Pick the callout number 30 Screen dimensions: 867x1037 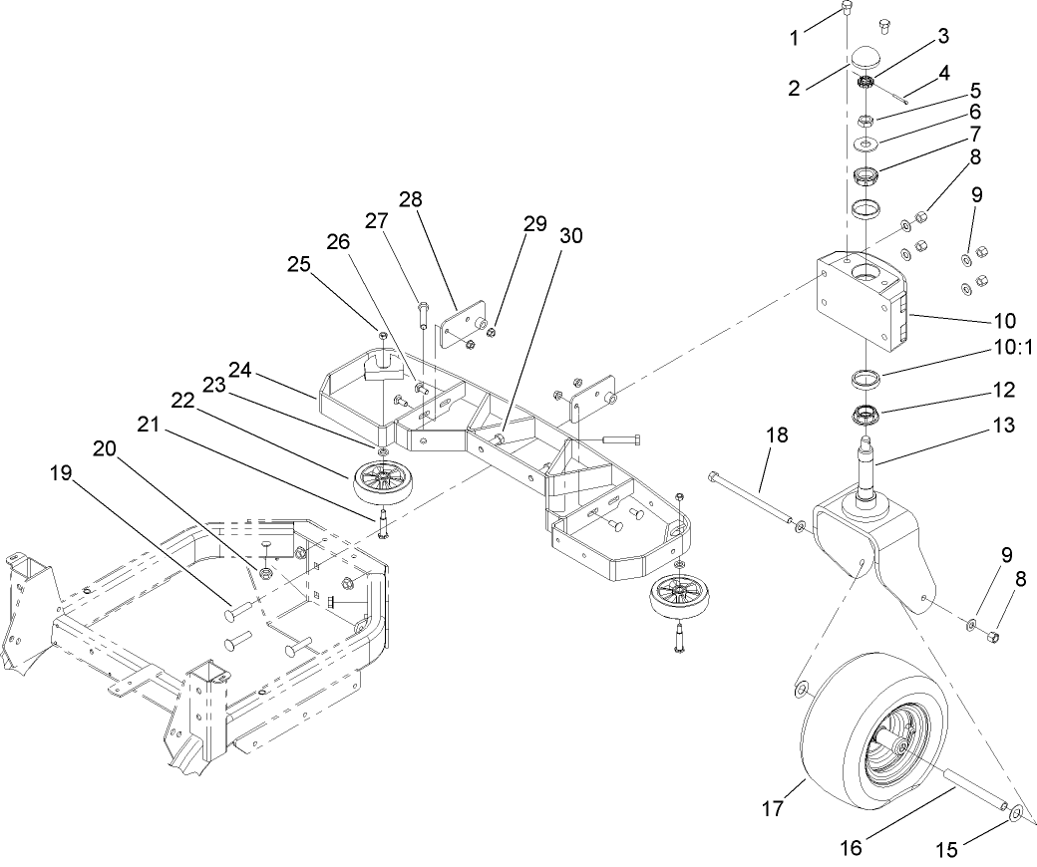click(x=572, y=236)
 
